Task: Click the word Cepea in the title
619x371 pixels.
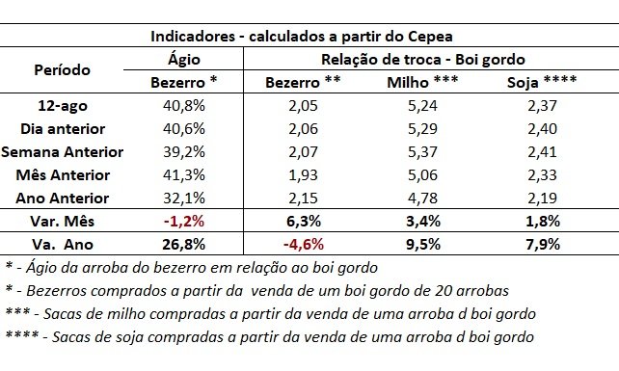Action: (430, 37)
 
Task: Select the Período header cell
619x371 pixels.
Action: (63, 69)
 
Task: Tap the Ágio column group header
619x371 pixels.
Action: (184, 59)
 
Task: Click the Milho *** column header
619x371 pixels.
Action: (422, 82)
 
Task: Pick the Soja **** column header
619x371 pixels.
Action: (542, 82)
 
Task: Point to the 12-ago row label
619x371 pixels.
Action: (63, 105)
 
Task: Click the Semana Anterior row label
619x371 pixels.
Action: (63, 151)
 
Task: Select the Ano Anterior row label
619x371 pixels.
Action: (63, 198)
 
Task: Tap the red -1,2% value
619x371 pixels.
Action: (184, 221)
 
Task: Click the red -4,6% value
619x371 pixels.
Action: (303, 245)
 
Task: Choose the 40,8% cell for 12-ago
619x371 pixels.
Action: (184, 105)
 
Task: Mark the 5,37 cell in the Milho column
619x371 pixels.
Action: (422, 151)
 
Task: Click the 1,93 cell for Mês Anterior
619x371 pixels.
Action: (303, 174)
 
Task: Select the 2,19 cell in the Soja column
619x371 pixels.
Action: (542, 198)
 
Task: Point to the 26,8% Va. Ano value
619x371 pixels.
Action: (184, 245)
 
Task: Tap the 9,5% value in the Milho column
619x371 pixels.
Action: (423, 245)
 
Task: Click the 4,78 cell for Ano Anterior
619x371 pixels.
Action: (422, 198)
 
